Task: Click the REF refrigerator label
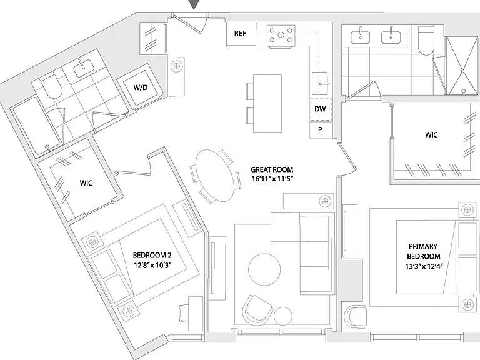240,33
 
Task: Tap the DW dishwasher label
320,109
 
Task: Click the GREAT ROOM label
272,169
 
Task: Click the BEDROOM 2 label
152,255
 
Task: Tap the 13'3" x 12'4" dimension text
424,266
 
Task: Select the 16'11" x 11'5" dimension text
272,179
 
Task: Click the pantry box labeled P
320,130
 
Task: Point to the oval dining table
214,176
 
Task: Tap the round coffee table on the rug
264,270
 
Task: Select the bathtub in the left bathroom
36,126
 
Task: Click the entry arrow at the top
194,4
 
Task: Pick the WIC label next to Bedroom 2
86,183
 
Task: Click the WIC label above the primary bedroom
431,135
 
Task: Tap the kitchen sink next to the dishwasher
320,83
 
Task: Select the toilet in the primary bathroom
426,40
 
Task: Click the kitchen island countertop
267,103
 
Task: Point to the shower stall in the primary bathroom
463,66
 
